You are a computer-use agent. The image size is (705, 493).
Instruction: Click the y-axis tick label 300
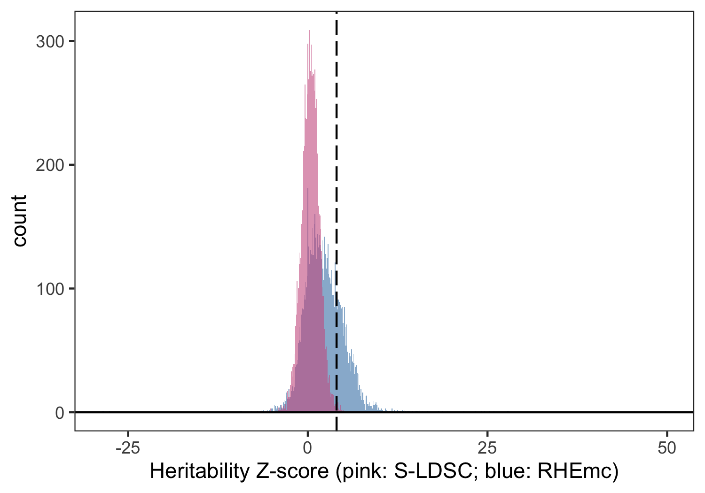[49, 41]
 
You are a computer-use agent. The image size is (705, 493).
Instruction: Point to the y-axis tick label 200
[49, 165]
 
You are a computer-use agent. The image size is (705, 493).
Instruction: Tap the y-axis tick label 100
[49, 289]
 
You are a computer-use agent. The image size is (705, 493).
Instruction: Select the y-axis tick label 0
[59, 413]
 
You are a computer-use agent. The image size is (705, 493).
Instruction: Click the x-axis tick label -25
[127, 448]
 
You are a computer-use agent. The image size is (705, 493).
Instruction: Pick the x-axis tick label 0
[307, 448]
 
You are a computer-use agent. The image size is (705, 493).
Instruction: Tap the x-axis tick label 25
[487, 448]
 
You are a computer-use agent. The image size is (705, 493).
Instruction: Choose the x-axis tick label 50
[667, 448]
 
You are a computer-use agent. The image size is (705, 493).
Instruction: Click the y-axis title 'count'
[20, 221]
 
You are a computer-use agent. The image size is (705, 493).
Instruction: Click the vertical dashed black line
[337, 141]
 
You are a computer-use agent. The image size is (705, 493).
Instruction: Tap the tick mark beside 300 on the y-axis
[72, 41]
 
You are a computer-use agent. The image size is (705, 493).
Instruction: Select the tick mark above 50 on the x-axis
[667, 432]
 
